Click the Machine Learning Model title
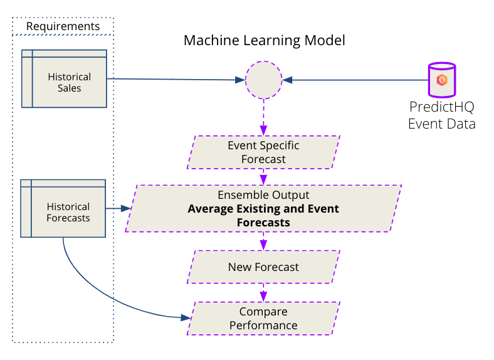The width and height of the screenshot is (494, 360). (264, 41)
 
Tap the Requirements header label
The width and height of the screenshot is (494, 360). (63, 26)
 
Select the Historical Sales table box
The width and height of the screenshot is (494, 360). (63, 78)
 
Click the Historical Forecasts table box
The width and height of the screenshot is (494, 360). (63, 208)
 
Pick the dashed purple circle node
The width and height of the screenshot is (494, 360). (263, 80)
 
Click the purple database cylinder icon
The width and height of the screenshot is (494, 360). (441, 80)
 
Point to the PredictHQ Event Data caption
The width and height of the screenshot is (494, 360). (441, 115)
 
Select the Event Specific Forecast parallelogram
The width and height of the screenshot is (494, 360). (263, 152)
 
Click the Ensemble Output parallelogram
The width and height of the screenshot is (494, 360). (263, 208)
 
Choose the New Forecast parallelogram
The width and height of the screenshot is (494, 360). (263, 267)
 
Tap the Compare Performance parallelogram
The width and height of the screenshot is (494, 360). (263, 319)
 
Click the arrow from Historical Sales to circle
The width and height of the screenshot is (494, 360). (176, 80)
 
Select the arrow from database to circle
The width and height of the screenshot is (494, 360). (354, 80)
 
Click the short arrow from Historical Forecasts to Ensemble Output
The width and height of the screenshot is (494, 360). (118, 208)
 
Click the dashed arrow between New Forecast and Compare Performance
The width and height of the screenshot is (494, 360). (263, 292)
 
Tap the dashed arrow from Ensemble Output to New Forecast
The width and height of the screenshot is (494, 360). (263, 241)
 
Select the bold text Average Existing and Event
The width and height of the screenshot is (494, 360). (263, 209)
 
